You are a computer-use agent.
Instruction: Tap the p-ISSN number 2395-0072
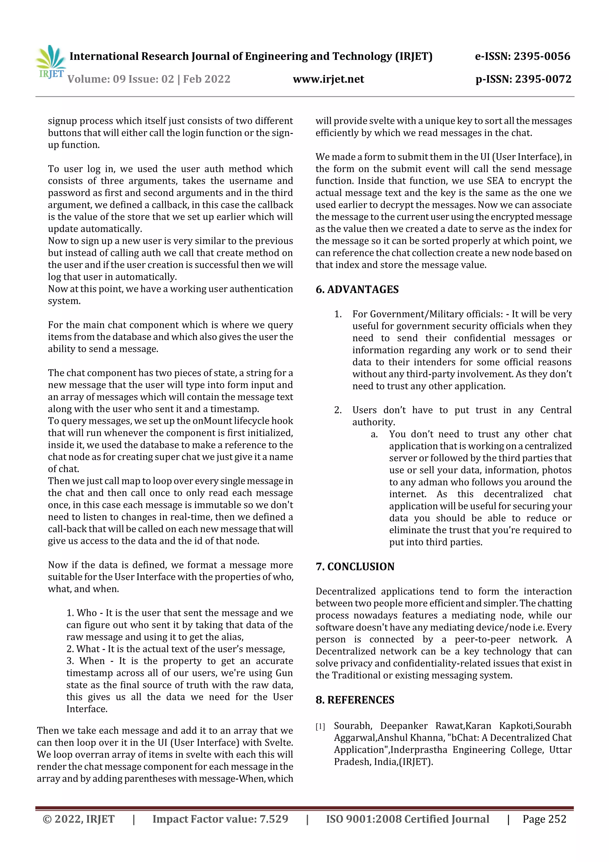543,79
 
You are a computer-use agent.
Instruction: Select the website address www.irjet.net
328,79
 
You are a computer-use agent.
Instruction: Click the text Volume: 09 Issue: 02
121,79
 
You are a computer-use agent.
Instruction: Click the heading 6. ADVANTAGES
357,290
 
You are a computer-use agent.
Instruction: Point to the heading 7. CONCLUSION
355,567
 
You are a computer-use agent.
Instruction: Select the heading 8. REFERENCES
355,700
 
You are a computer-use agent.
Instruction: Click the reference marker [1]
320,727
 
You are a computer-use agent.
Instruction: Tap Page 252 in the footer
544,819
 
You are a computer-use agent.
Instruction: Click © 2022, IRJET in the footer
79,819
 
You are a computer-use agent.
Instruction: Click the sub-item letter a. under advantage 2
374,434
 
